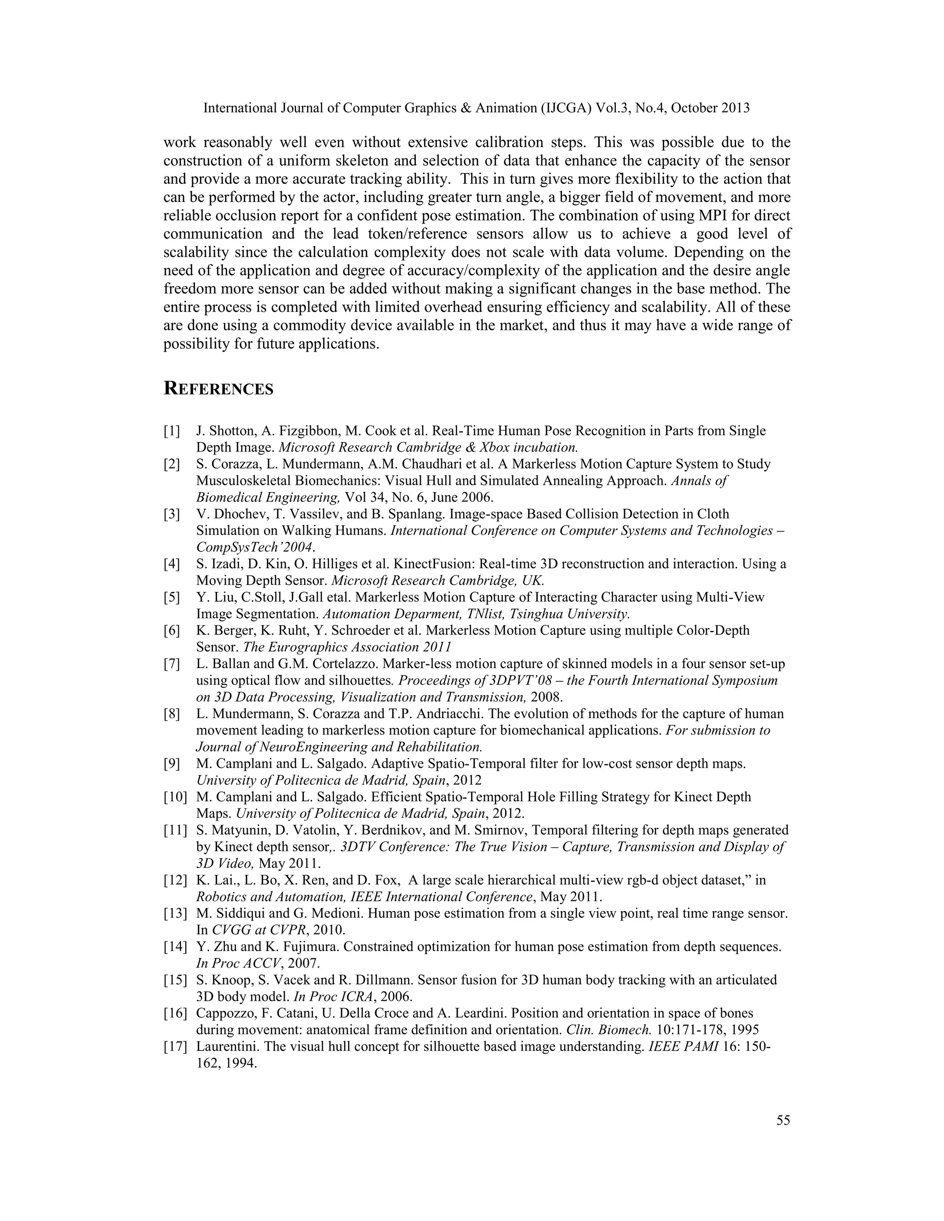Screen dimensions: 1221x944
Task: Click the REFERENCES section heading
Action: click(x=218, y=389)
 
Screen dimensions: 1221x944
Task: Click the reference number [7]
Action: click(x=171, y=664)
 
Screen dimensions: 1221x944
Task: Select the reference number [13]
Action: click(x=175, y=914)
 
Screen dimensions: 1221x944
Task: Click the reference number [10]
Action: click(x=175, y=797)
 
